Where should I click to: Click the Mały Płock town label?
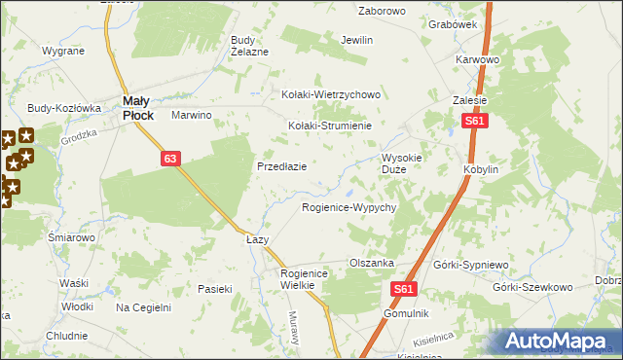pos(136,106)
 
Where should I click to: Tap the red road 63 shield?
pos(170,159)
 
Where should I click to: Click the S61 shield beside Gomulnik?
pos(407,290)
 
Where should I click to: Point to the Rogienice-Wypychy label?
pos(348,208)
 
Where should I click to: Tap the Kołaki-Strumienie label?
pos(331,126)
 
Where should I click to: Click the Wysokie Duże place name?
pos(401,162)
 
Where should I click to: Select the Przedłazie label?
pos(282,166)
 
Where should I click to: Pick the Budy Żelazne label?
pos(248,46)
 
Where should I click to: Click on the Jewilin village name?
pos(357,41)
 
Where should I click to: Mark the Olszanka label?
pos(371,263)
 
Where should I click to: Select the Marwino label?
pos(192,115)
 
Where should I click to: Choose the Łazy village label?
pos(257,239)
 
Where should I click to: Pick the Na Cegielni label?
pos(143,307)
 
